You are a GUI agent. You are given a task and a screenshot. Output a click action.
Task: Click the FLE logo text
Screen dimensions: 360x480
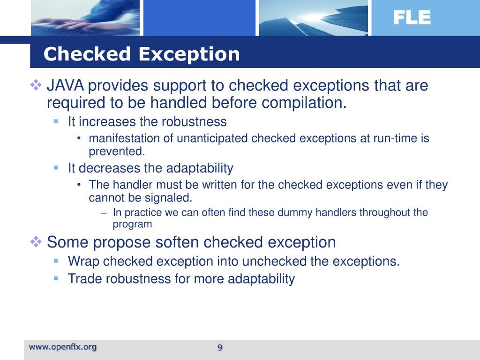(x=411, y=18)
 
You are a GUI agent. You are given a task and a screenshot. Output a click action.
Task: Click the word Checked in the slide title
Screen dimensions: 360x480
(x=87, y=54)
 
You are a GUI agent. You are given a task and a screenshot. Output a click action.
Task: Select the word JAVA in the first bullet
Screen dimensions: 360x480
(x=66, y=86)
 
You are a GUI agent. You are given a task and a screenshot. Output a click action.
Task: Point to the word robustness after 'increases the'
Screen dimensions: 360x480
(x=194, y=122)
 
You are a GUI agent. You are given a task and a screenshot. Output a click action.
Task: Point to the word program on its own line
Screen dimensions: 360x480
(x=133, y=224)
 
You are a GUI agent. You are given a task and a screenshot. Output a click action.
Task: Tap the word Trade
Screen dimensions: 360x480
(x=85, y=279)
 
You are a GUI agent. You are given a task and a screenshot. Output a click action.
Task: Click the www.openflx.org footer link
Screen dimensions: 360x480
(x=63, y=347)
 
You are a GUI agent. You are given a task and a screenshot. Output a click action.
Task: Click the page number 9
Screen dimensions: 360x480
(x=219, y=347)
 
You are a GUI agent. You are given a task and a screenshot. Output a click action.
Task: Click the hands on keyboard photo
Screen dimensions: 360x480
(x=84, y=18)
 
